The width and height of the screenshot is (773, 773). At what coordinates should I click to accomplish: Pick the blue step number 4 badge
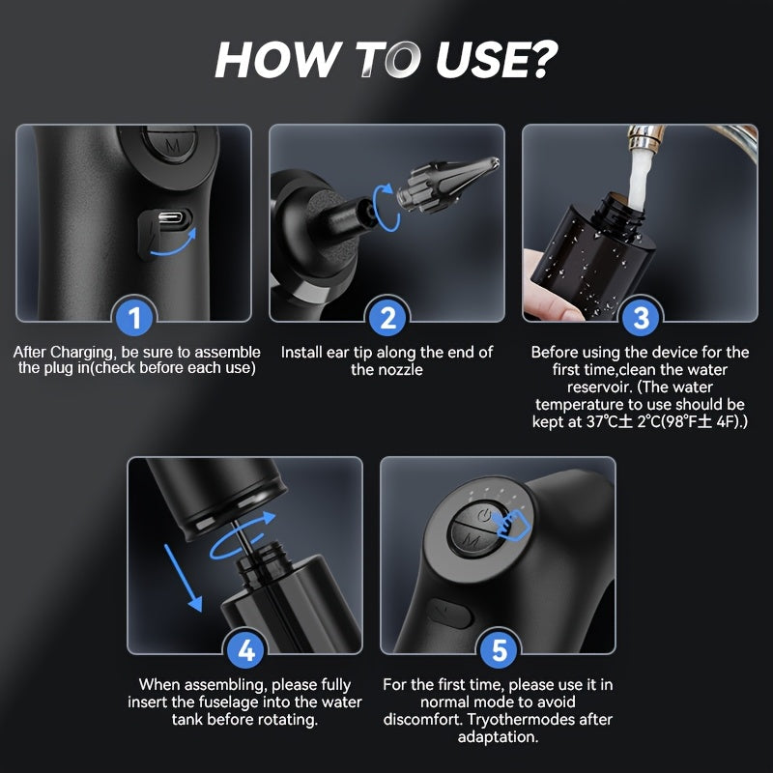pyautogui.click(x=245, y=649)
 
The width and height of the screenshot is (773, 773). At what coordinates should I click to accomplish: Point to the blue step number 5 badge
pyautogui.click(x=499, y=649)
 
